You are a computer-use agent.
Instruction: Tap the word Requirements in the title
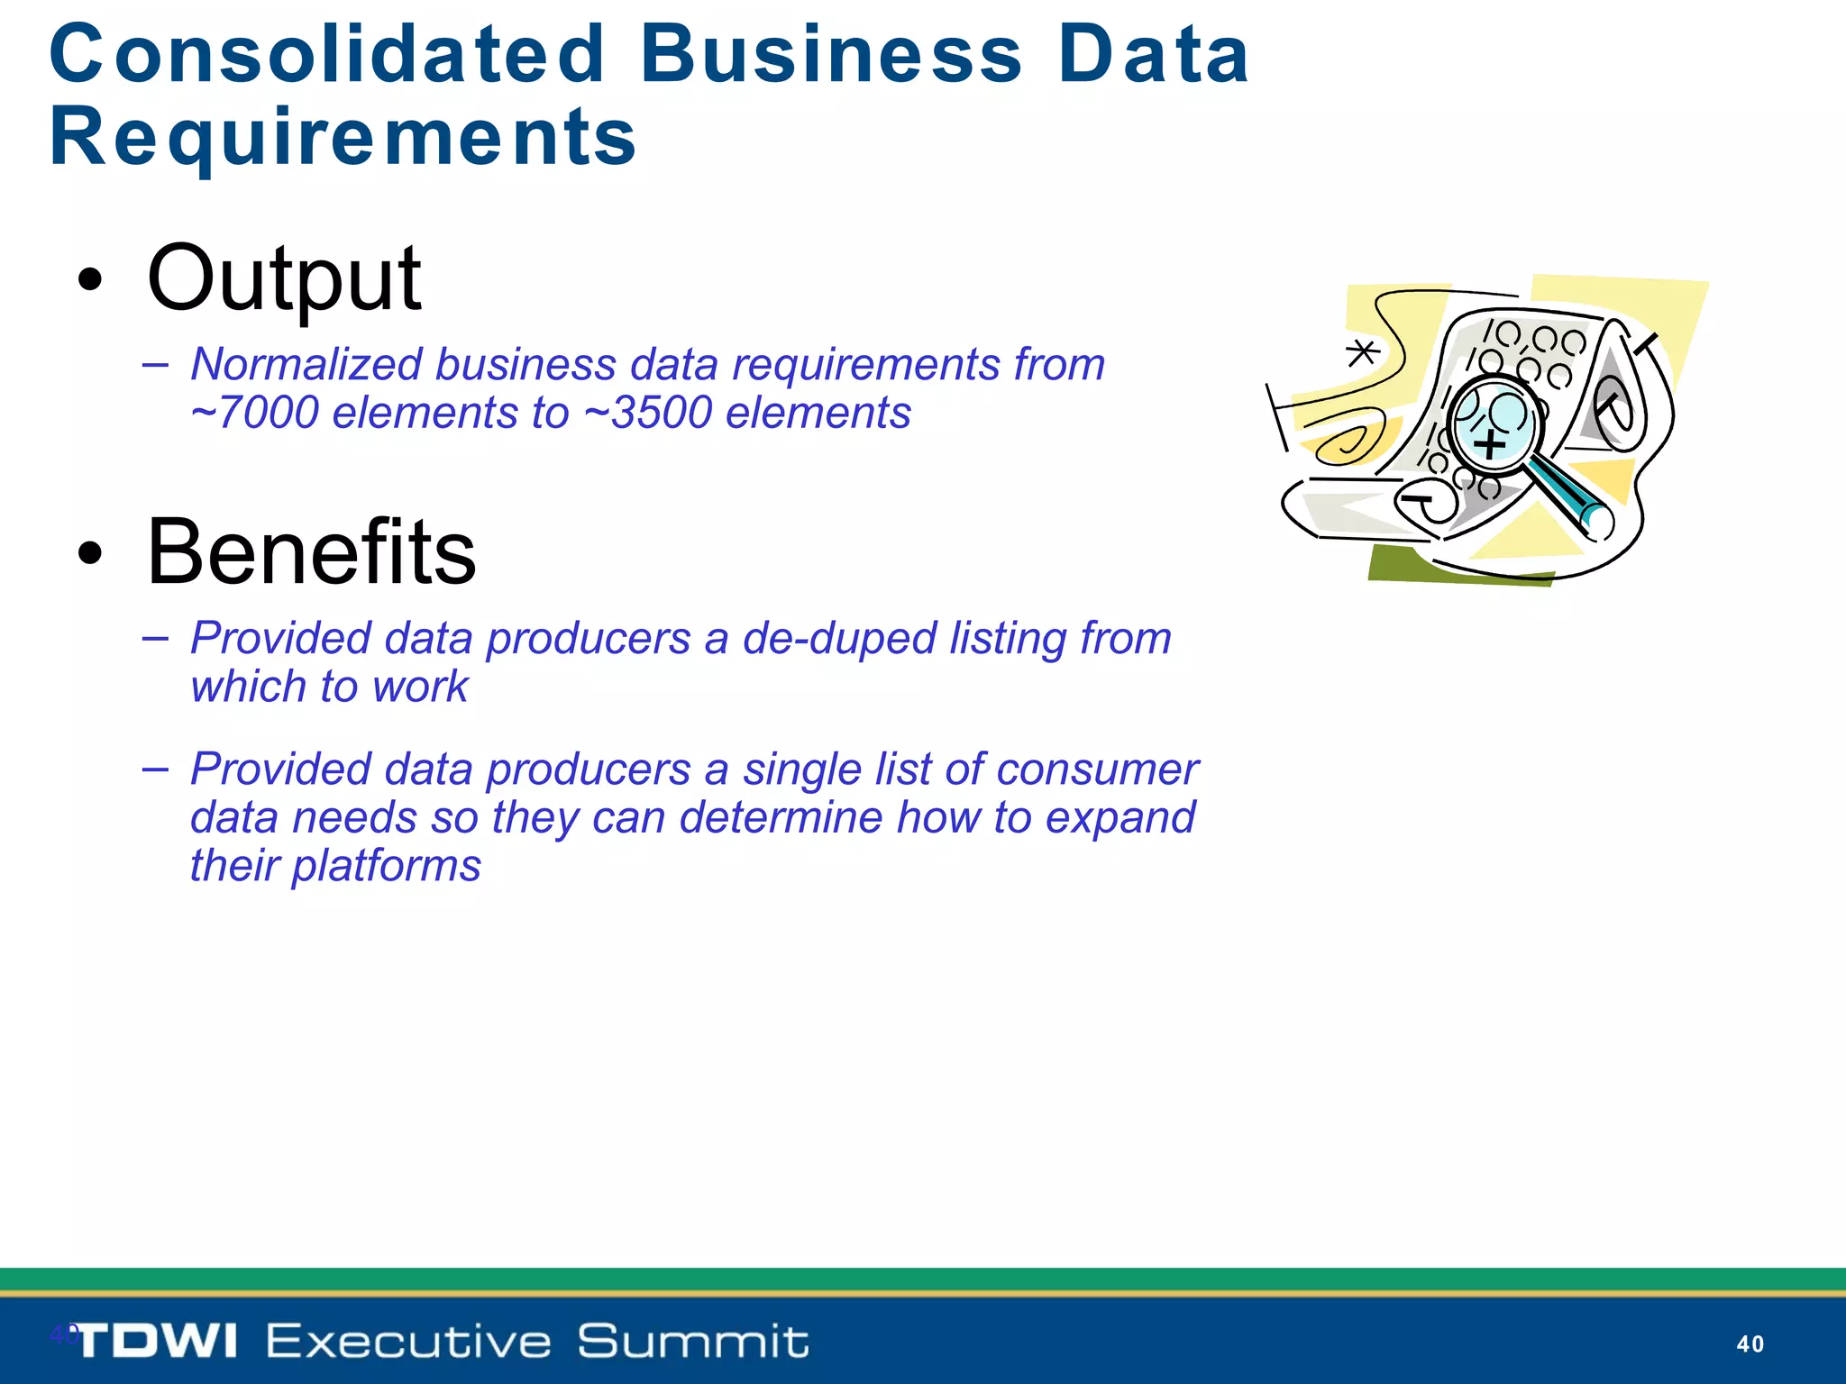(343, 137)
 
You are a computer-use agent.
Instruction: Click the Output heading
(283, 278)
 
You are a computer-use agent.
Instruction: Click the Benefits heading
(311, 551)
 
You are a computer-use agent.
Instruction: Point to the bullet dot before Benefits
(89, 553)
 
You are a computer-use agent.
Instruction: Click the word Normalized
(306, 365)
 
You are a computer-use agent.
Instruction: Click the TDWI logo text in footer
(156, 1341)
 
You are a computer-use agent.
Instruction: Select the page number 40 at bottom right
(1750, 1344)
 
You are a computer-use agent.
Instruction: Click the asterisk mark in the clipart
(1362, 352)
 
